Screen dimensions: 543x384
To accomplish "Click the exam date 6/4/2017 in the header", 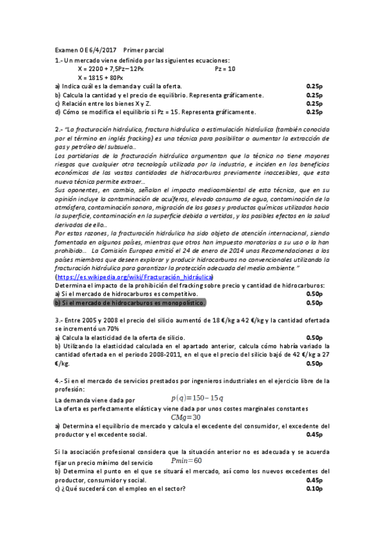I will tap(99, 50).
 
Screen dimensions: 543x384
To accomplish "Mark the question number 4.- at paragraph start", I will tap(59, 380).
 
